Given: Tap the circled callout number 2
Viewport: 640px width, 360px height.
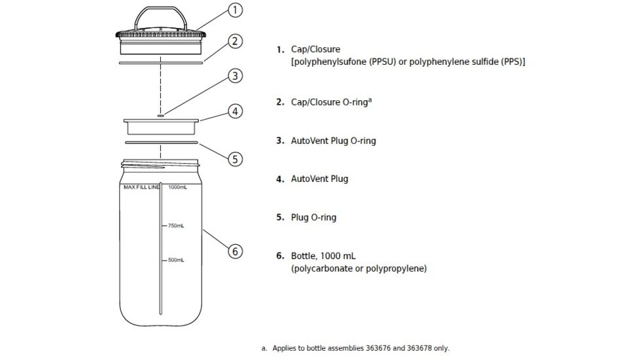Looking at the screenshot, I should (236, 41).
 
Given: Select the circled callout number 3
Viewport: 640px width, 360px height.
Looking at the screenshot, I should (236, 76).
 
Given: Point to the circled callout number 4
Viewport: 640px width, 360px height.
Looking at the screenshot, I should (236, 111).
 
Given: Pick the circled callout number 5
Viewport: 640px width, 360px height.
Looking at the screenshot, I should (236, 158).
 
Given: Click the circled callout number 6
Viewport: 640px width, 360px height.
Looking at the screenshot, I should (236, 251).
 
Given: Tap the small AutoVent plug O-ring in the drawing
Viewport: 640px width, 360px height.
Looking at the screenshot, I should (160, 115).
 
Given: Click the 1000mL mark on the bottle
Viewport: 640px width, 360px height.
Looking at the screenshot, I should (177, 187).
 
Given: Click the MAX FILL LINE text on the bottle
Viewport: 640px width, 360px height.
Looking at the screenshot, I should (141, 187).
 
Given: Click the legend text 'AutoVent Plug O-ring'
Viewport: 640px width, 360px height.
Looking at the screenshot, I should (333, 141).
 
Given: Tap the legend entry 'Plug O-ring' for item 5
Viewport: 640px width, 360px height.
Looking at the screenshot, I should (313, 217).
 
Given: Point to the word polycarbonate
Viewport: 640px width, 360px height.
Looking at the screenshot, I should (321, 268).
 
